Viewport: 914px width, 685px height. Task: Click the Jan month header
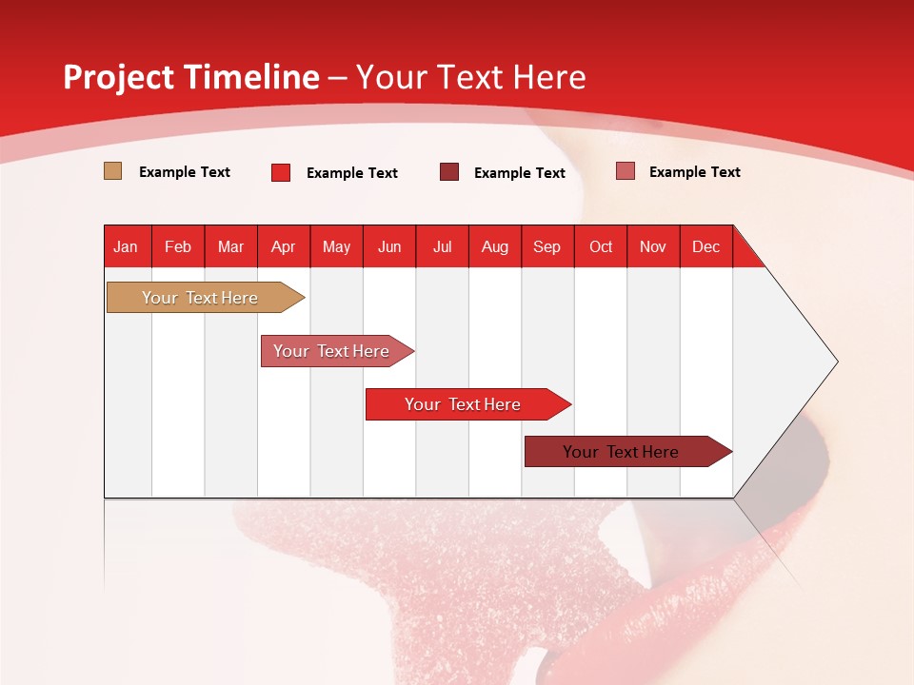[x=126, y=246]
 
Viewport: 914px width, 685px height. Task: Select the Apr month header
[x=283, y=246]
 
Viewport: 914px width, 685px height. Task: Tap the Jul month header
[x=442, y=246]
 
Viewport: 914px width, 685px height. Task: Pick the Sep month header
[x=546, y=246]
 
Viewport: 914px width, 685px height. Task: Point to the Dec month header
[x=705, y=246]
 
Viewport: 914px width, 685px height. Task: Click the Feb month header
[x=178, y=246]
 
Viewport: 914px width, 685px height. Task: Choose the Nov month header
[x=653, y=246]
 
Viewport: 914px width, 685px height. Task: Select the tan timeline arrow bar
[x=201, y=298]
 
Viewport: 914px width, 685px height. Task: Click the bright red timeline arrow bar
[x=464, y=404]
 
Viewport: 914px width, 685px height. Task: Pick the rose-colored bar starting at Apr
[x=332, y=351]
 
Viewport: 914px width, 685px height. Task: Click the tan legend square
[x=112, y=171]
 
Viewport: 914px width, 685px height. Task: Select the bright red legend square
[x=281, y=172]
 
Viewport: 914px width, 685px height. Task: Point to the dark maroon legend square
[x=449, y=172]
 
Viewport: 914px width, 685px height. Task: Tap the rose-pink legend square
[x=626, y=171]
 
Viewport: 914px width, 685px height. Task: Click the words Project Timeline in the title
[x=191, y=77]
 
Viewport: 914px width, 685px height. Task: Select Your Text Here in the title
[x=470, y=77]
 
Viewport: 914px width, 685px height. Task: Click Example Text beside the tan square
[x=185, y=172]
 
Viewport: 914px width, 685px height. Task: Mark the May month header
[x=336, y=246]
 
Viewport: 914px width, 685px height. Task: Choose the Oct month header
[x=601, y=246]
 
